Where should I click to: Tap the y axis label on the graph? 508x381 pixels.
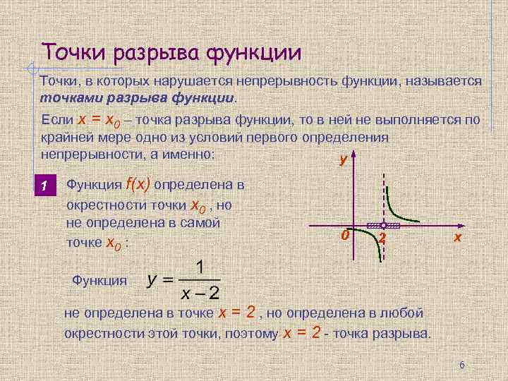[343, 160]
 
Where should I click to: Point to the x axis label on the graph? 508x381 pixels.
[458, 238]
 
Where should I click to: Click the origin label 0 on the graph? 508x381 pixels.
[344, 234]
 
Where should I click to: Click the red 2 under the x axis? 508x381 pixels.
[382, 238]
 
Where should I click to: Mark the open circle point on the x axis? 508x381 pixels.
[382, 226]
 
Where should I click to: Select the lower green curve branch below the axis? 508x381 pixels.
[374, 246]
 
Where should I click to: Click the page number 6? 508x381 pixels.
[461, 365]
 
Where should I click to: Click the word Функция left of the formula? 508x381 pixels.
[99, 280]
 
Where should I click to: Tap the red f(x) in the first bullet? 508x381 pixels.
[138, 185]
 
